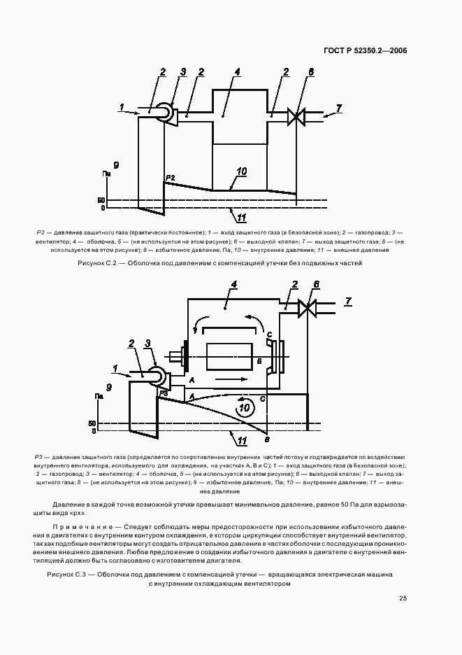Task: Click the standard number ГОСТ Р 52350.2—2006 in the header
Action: (366, 50)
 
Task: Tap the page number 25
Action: (403, 598)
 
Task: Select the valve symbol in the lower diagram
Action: (307, 307)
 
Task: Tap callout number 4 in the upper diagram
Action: (238, 72)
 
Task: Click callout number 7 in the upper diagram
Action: (339, 108)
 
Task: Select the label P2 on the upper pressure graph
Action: (171, 178)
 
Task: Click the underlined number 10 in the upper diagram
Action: (241, 171)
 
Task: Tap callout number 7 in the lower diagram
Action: (348, 301)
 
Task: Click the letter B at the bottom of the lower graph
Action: (267, 438)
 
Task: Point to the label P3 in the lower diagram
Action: (162, 394)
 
